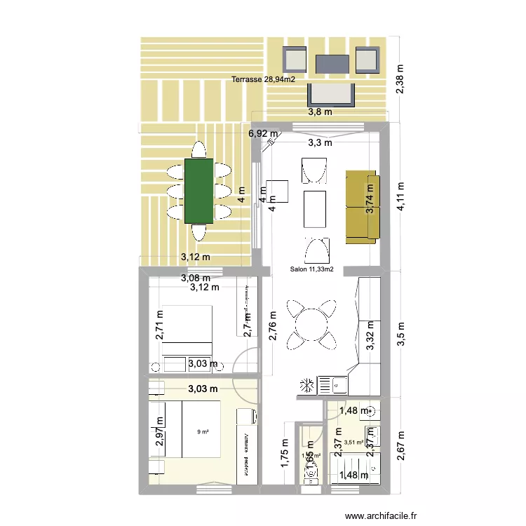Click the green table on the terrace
pos(198,191)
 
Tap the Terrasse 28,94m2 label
pos(262,80)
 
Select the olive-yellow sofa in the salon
pos(362,207)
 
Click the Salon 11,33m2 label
pos(311,269)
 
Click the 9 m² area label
pos(203,432)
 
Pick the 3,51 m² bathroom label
pos(353,443)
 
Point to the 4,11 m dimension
pos(400,198)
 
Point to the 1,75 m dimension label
pos(285,457)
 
